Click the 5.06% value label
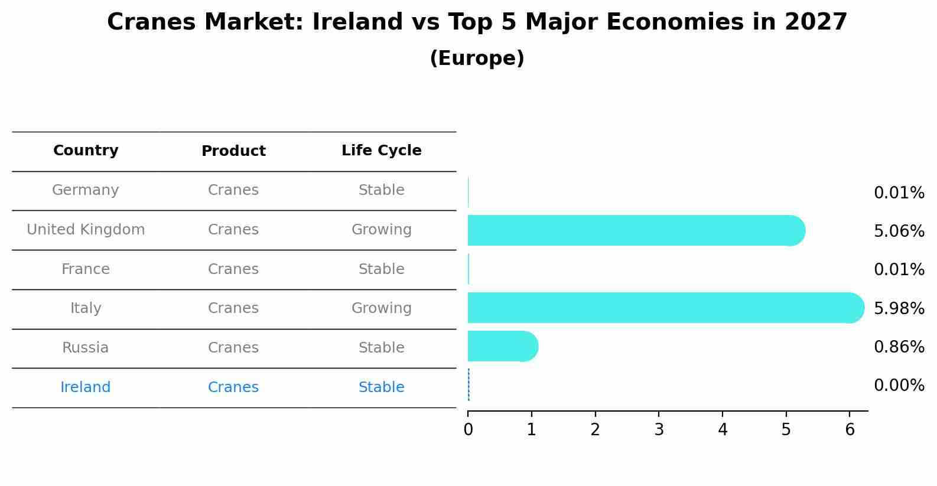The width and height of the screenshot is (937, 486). (x=899, y=231)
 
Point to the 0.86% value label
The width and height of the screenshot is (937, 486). (x=899, y=347)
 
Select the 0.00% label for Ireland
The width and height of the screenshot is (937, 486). (x=899, y=386)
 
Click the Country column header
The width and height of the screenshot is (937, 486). (x=86, y=151)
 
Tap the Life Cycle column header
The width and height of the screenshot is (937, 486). (x=381, y=151)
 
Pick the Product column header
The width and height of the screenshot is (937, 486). (x=233, y=151)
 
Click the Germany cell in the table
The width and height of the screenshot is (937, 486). (x=86, y=190)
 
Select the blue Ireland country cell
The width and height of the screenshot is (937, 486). (x=86, y=387)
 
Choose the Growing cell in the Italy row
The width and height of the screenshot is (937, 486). (x=381, y=308)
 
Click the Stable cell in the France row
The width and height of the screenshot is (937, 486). (x=381, y=269)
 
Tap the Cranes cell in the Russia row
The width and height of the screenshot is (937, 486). (x=233, y=348)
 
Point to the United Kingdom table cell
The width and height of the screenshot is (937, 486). (x=86, y=230)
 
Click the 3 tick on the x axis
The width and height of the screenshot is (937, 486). (x=659, y=429)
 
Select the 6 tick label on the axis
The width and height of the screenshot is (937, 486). (x=850, y=429)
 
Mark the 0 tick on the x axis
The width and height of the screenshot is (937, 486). (x=468, y=429)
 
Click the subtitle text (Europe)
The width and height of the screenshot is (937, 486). (x=477, y=58)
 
